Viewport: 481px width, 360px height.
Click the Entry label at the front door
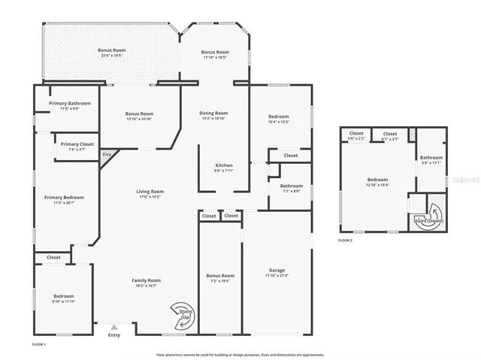point(113,335)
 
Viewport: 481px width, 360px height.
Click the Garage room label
point(277,270)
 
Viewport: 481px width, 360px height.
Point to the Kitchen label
point(224,165)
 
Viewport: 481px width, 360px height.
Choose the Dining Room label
point(214,113)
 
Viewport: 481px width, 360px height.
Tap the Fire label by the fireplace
point(107,154)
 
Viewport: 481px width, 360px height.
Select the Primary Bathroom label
point(70,103)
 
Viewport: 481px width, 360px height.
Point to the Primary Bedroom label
point(64,197)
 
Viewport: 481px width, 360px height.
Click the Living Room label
point(150,191)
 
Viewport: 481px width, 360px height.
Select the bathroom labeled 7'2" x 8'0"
point(291,191)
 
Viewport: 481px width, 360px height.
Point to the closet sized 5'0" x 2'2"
point(356,138)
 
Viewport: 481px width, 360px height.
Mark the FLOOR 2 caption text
point(345,240)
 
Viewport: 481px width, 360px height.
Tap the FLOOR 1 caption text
point(39,343)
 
